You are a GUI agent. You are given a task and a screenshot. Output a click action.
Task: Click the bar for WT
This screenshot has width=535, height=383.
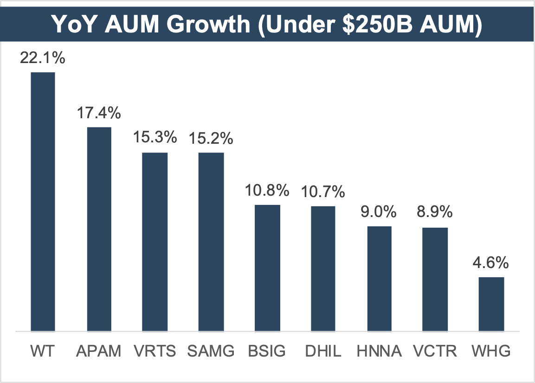[x=43, y=202]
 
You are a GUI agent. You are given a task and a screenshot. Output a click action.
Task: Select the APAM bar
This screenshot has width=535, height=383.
[x=99, y=229]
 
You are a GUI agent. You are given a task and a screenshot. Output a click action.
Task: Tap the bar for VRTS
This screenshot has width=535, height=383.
[x=155, y=242]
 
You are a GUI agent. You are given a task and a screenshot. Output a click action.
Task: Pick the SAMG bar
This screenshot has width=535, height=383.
[x=211, y=242]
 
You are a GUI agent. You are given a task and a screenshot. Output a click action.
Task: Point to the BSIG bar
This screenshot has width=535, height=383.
[x=267, y=268]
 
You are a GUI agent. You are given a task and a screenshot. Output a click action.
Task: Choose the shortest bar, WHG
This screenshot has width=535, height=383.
[x=491, y=304]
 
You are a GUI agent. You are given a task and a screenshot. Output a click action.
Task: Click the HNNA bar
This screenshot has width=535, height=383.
[x=380, y=279]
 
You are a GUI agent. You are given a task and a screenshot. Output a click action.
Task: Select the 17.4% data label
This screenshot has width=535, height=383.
[x=99, y=113]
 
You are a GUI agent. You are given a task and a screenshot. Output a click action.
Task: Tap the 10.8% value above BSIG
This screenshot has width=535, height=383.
[x=267, y=191]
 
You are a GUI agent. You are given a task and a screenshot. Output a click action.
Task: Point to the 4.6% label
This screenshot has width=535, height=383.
[x=491, y=263]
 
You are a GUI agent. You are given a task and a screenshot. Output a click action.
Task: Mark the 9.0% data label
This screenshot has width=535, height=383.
[x=379, y=212]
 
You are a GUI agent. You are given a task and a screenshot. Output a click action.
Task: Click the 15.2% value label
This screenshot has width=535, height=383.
[x=211, y=138]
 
